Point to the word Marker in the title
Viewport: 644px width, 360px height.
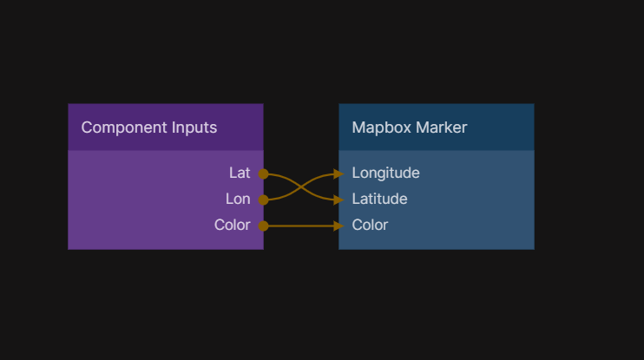[x=442, y=128]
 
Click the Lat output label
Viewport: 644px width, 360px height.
[x=240, y=173]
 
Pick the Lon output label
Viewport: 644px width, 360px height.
[x=238, y=199]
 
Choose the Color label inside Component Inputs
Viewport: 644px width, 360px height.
[x=233, y=225]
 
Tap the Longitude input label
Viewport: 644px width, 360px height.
[x=385, y=173]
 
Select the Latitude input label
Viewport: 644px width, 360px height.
[x=379, y=199]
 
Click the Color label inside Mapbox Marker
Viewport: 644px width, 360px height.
[x=370, y=225]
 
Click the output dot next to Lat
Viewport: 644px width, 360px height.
[x=263, y=173]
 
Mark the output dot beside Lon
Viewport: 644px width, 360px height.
[x=263, y=200]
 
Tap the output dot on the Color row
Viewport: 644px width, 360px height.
[x=263, y=226]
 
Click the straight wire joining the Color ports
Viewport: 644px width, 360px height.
[x=299, y=226]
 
